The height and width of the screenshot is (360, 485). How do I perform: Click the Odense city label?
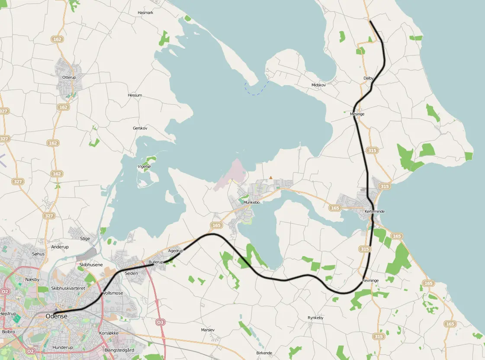point(56,316)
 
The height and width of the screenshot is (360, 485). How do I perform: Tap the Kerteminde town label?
point(374,211)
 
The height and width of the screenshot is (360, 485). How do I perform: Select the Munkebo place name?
point(251,202)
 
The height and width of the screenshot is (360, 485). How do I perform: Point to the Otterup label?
point(69,77)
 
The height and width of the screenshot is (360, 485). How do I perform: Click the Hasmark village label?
point(145,13)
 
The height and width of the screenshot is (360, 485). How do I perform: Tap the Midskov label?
point(318,85)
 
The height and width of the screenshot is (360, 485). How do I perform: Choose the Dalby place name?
point(368,78)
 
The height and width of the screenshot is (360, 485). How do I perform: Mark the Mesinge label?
point(357,114)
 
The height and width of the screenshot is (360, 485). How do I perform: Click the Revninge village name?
point(371,280)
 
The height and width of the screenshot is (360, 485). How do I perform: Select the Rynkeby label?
point(315,318)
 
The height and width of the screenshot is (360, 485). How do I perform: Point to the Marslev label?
point(208,330)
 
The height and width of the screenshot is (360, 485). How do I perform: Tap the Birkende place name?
point(264,353)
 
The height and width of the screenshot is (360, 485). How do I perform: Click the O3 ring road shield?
point(161,322)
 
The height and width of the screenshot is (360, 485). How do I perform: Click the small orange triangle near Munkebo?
point(271,177)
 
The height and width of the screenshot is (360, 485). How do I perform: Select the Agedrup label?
point(175,251)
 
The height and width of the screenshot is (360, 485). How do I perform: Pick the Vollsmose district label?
point(112,293)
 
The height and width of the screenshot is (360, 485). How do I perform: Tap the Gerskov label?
point(140,128)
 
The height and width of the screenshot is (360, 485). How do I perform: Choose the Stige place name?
point(85,238)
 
